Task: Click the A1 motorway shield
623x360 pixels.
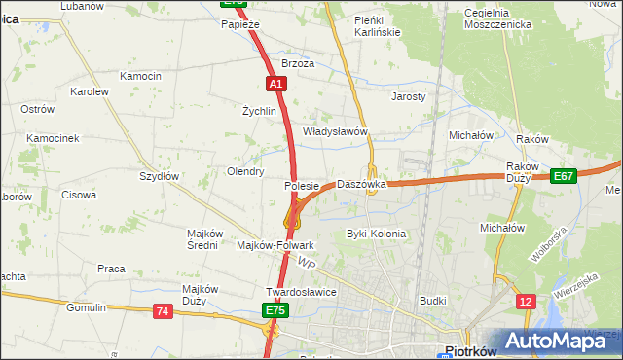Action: (x=276, y=85)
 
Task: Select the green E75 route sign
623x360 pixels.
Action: (x=275, y=310)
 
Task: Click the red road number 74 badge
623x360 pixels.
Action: (x=162, y=310)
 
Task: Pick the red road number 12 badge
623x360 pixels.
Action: (x=526, y=302)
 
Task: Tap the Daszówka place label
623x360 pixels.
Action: (x=361, y=184)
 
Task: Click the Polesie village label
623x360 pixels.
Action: (x=302, y=185)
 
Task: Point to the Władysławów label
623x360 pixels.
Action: (x=334, y=131)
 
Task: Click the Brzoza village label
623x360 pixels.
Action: (x=298, y=63)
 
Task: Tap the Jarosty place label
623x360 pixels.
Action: (x=409, y=97)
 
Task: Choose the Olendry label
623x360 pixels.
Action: (x=245, y=171)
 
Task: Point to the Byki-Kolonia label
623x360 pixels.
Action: (x=376, y=234)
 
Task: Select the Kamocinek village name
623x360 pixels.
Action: (x=53, y=138)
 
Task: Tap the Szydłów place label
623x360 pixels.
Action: (x=159, y=176)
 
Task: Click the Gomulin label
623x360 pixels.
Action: (x=86, y=307)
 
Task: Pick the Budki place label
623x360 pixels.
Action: (x=432, y=302)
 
